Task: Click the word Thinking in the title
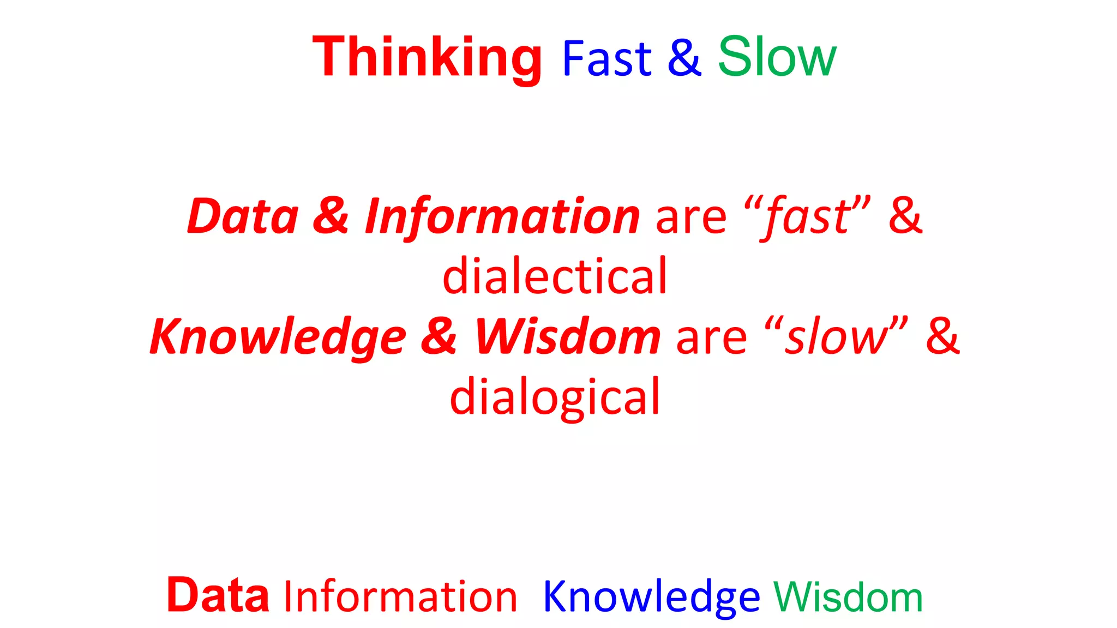[427, 57]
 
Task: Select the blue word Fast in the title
[606, 58]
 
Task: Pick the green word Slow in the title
[777, 57]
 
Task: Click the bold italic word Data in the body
[243, 216]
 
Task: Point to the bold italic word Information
[502, 216]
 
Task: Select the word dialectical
[555, 276]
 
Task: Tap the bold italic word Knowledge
[278, 337]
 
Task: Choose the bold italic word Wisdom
[568, 336]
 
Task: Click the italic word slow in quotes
[837, 337]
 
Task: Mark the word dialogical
[555, 397]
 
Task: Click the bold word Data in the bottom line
[218, 595]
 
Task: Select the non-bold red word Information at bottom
[400, 597]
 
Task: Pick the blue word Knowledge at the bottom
[651, 597]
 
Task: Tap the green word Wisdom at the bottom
[848, 597]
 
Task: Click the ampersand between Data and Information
[331, 216]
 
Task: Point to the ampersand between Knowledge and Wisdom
[439, 336]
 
